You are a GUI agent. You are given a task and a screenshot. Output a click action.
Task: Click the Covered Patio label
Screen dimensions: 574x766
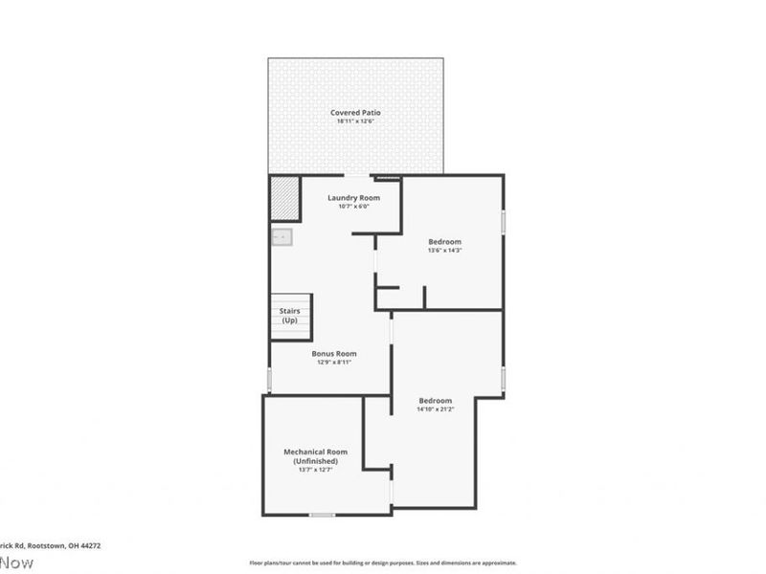tap(355, 113)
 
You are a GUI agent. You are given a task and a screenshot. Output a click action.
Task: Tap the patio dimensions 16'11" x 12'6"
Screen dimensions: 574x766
tap(355, 121)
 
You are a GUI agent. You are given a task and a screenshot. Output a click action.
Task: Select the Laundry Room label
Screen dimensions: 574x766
tap(353, 198)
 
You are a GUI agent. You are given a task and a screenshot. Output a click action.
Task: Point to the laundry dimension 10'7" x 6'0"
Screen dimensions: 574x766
tap(353, 207)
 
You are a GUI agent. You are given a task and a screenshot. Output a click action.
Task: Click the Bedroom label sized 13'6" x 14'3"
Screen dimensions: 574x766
tap(444, 241)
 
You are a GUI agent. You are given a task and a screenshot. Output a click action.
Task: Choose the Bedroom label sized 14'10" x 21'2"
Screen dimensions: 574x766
tap(435, 400)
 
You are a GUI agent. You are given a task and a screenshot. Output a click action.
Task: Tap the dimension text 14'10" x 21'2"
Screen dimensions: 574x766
tap(435, 409)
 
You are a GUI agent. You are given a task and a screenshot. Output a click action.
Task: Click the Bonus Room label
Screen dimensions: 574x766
tap(334, 353)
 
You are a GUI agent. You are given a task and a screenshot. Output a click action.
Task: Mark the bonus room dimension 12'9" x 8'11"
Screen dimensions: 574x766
tap(334, 363)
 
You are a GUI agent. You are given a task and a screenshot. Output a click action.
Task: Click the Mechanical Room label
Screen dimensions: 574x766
tap(315, 452)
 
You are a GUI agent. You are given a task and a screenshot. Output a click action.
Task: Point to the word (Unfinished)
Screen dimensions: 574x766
tap(315, 461)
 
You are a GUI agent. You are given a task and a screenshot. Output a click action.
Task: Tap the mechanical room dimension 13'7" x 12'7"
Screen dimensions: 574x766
tap(315, 470)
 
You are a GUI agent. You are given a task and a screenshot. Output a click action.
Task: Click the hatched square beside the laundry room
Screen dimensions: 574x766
tap(285, 198)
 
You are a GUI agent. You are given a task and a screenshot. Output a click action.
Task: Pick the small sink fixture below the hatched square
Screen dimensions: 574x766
tap(282, 236)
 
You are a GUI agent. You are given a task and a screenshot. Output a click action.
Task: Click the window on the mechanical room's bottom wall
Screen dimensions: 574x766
tap(322, 515)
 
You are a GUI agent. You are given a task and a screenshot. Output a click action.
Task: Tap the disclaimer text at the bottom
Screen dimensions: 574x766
tap(383, 563)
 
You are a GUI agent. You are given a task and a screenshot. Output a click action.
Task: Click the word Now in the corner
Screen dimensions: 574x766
tap(16, 562)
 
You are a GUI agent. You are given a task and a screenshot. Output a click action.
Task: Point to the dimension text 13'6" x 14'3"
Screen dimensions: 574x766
tap(444, 251)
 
